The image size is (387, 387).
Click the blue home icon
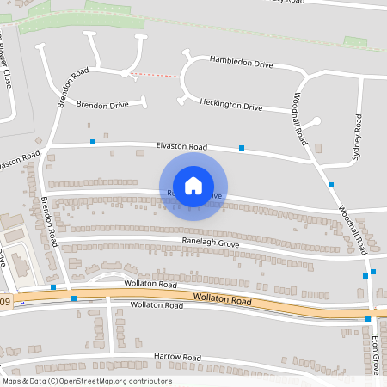[193, 185]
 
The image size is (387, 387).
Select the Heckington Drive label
[230, 107]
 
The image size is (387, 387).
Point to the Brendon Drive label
[102, 105]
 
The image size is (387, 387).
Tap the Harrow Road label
[177, 357]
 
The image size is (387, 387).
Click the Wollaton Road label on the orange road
[222, 300]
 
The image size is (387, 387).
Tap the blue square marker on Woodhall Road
[330, 184]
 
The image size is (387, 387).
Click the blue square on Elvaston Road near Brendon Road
[92, 140]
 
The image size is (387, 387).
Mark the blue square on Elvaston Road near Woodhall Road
[242, 148]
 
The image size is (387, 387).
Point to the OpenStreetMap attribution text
[87, 380]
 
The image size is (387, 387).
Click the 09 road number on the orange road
[6, 301]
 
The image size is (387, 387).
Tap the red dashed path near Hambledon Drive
[158, 75]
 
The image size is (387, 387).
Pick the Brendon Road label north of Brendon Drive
[73, 88]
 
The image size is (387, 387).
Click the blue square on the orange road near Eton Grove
[368, 319]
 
